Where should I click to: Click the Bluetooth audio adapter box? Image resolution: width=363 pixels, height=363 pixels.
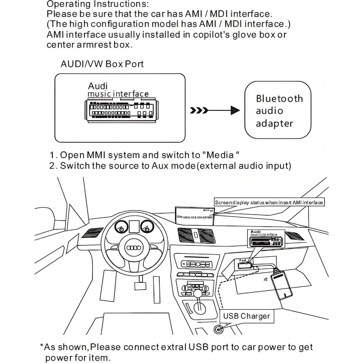tap(277, 110)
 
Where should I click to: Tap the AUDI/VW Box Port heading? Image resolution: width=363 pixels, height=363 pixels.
tap(102, 64)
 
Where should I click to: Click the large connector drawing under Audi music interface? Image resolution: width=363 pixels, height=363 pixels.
tap(122, 111)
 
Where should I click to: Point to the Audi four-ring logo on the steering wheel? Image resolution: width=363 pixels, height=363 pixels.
tap(134, 248)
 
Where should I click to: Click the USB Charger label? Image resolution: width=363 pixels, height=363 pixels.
tap(246, 316)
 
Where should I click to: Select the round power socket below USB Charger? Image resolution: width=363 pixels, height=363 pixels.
tap(218, 329)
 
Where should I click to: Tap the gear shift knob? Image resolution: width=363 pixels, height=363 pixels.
tap(198, 294)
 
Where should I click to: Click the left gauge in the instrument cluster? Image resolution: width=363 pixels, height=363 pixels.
tap(121, 227)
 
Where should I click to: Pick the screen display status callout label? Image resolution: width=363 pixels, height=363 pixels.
tap(269, 202)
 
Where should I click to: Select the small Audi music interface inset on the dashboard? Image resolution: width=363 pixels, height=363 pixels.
tap(266, 239)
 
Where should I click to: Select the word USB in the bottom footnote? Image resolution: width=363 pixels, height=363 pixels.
tap(198, 347)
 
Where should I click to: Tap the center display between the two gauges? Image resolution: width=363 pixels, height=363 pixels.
tap(134, 226)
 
